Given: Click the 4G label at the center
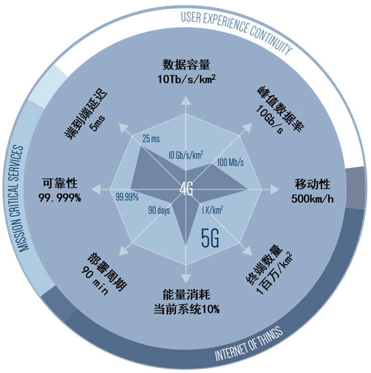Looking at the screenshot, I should pos(186,190).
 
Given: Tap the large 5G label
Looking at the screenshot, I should pos(210,238).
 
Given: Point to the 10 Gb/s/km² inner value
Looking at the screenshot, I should pos(185,155).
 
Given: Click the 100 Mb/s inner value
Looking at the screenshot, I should pos(231,162).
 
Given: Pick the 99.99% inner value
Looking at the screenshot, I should pos(127,197).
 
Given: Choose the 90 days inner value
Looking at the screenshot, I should pos(159,211).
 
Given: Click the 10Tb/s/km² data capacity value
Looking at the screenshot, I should pos(186,79).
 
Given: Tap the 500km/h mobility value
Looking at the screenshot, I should pos(312,198).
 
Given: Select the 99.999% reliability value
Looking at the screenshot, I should pos(60,198).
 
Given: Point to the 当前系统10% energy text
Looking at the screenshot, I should pos(186,309).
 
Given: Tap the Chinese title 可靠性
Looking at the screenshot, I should pos(60,183).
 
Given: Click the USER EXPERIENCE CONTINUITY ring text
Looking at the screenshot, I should pos(236,28).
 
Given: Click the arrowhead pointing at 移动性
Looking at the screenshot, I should pos(274,190).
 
